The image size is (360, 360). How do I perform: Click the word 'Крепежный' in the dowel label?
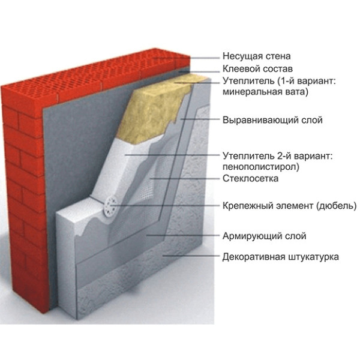click(x=244, y=205)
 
